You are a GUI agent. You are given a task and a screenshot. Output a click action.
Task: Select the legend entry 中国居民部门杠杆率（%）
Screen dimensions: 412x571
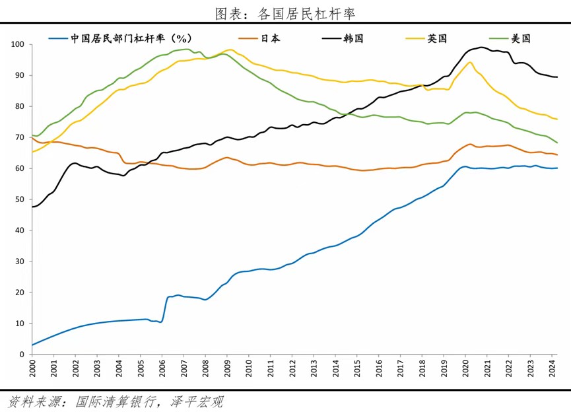coord(122,38)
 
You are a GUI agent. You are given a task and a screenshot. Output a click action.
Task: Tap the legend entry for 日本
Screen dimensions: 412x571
coord(270,38)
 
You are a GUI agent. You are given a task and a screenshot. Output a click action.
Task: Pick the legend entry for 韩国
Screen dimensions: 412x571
coord(354,38)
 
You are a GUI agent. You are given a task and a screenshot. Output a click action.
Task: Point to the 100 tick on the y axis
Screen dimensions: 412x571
coord(18,44)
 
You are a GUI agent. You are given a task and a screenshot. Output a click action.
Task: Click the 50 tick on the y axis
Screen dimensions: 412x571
coord(20,199)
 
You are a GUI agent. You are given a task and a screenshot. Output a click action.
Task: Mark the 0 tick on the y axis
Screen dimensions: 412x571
coord(22,355)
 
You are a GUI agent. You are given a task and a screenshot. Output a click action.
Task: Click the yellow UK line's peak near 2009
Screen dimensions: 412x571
coord(229,50)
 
